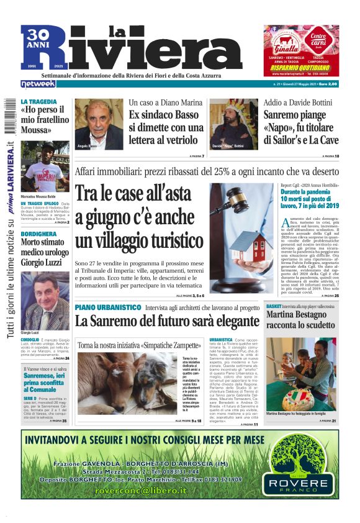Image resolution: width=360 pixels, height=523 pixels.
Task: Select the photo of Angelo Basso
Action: pos(99,124)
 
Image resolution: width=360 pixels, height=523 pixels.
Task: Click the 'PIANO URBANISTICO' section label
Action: pos(108,307)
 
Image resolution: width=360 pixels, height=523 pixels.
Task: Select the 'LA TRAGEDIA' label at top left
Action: pos(39,101)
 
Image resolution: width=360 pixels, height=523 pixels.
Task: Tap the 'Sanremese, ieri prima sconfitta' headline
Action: pos(45,380)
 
